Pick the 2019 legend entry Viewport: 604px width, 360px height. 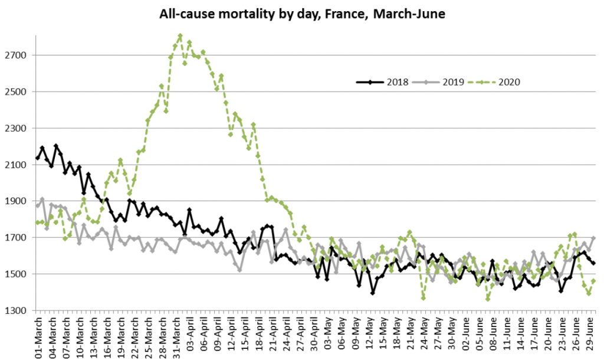441,81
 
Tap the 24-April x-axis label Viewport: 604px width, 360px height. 290,336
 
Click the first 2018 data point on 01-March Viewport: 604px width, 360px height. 38,158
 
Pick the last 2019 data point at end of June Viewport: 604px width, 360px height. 593,238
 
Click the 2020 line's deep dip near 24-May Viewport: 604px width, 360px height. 424,298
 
